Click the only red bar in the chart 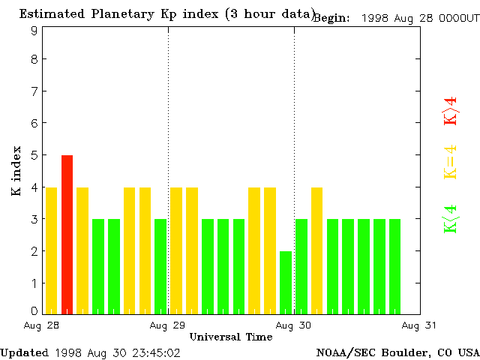click(67, 234)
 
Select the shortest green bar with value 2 click(286, 282)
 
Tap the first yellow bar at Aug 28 click(51, 250)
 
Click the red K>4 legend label click(450, 111)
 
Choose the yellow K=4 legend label click(450, 162)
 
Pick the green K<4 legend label click(450, 219)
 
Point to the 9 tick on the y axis click(34, 31)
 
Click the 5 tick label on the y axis click(34, 155)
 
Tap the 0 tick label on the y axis click(34, 310)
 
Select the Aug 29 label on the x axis click(167, 325)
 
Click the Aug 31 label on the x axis click(419, 325)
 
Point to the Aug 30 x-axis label click(293, 325)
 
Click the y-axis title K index click(16, 171)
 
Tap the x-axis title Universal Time click(230, 337)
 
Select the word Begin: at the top click(331, 18)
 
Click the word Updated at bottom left click(24, 352)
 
